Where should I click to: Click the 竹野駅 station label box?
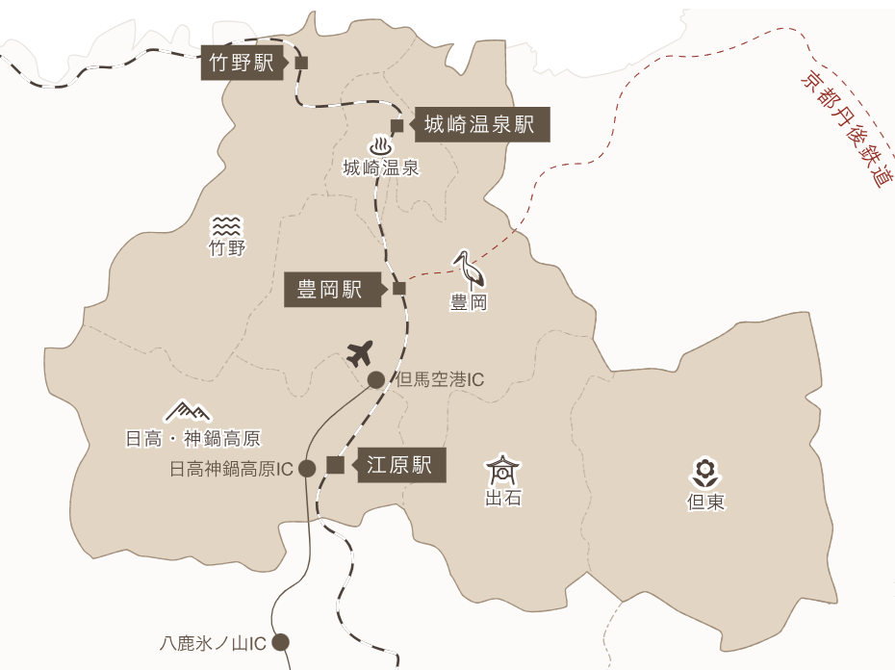[x=243, y=64]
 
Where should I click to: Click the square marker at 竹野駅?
[x=301, y=64]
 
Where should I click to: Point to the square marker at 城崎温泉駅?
[x=396, y=125]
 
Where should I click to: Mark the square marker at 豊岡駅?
[x=399, y=288]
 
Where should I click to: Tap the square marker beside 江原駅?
[x=335, y=466]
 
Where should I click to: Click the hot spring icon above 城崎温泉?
[x=382, y=146]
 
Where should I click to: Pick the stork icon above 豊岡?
[x=467, y=270]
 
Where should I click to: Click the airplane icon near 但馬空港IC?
[x=360, y=352]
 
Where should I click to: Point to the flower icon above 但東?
[x=705, y=472]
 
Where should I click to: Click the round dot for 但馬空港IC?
[x=375, y=379]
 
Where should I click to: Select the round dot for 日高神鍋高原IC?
[x=307, y=469]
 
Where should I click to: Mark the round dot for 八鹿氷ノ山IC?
[x=281, y=642]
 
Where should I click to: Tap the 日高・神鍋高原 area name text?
[x=192, y=440]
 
